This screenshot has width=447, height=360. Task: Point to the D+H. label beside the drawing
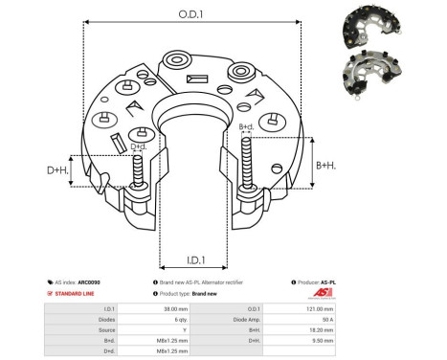point(58,169)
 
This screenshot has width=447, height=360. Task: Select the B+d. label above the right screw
point(246,127)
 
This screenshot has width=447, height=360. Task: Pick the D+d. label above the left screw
point(139,146)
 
